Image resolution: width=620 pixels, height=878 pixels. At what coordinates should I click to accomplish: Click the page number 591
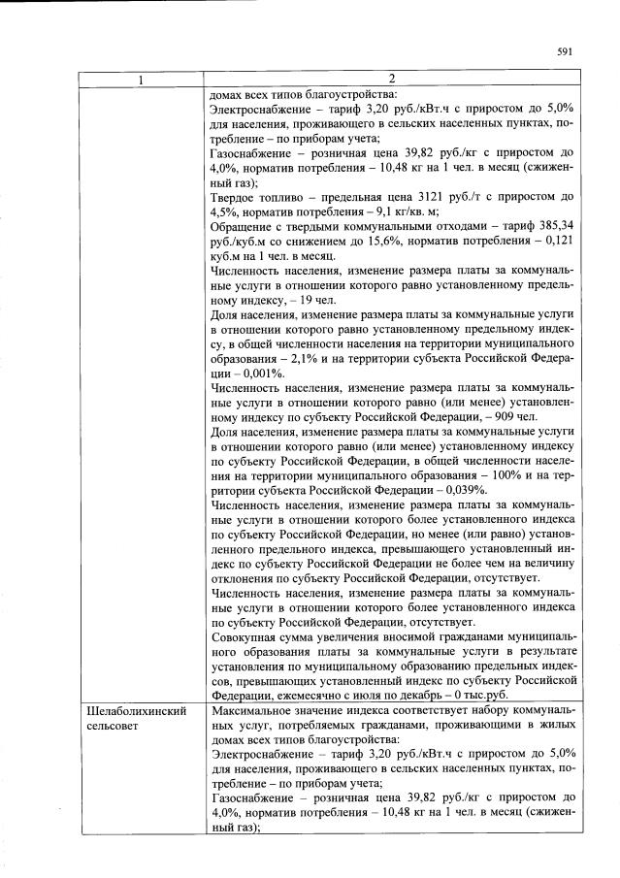click(x=565, y=53)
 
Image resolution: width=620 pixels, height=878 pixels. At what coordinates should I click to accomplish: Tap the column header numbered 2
click(x=392, y=79)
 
